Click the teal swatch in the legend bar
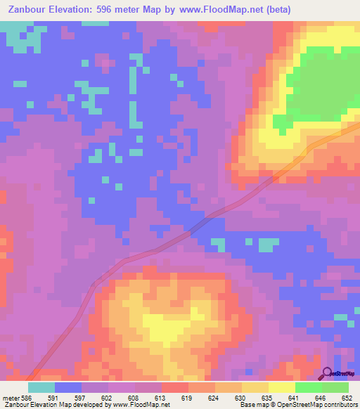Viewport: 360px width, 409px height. click(41, 387)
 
